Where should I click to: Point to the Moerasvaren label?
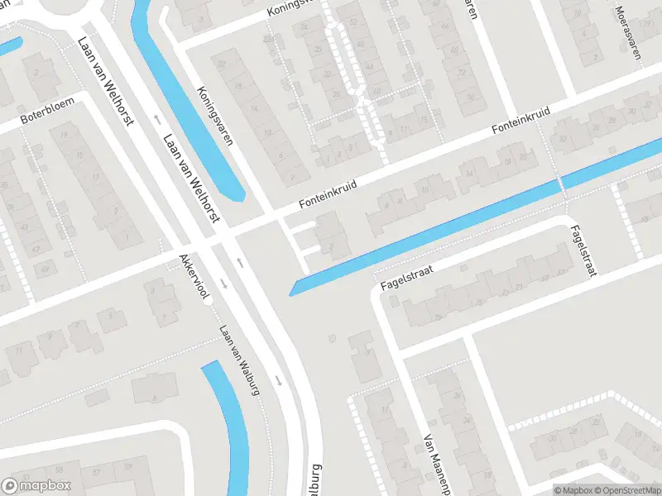(x=628, y=33)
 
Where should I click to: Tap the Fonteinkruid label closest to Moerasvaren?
(x=521, y=124)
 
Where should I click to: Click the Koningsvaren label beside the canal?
(x=214, y=116)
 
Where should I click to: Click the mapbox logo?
(x=36, y=486)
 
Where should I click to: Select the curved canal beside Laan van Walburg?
(x=229, y=422)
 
